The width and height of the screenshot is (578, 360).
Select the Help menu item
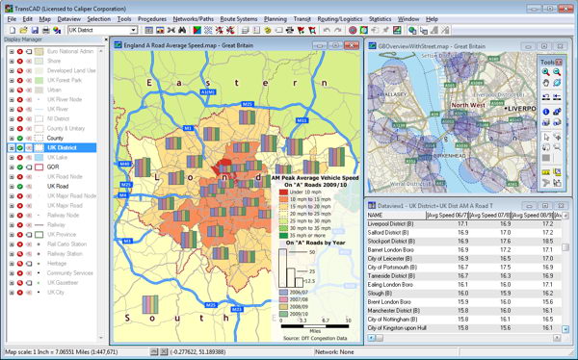pyautogui.click(x=432, y=18)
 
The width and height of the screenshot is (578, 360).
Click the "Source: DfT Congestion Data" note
pyautogui.click(x=306, y=338)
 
